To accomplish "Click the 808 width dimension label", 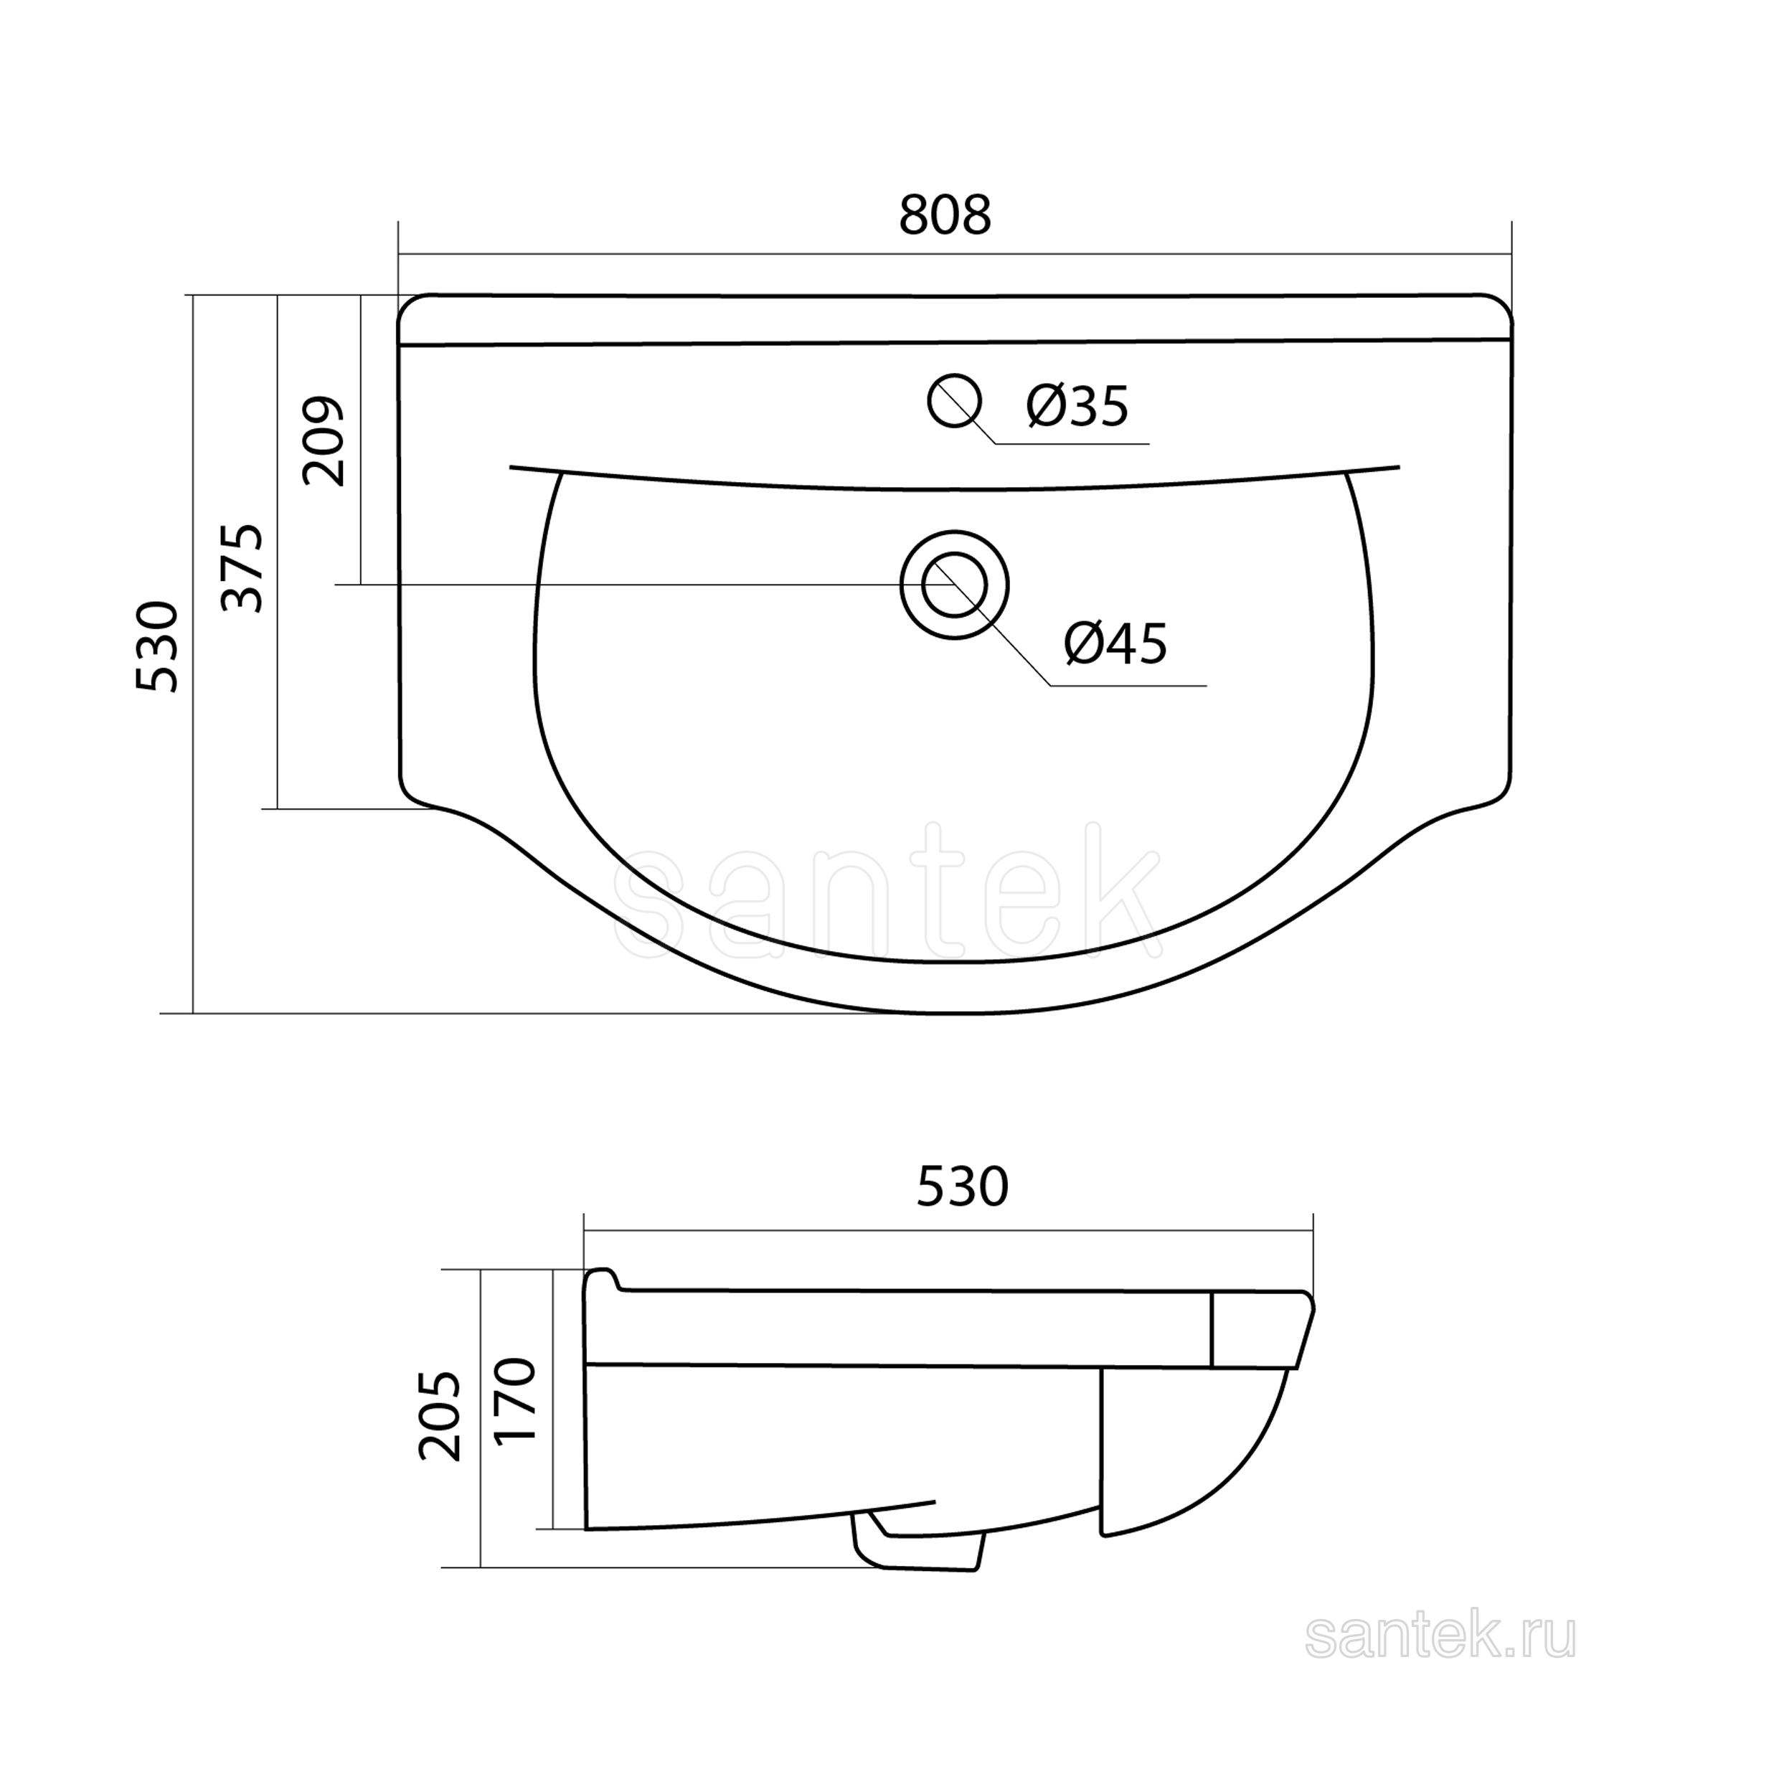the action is click(945, 214).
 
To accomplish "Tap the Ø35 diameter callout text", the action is click(1077, 405).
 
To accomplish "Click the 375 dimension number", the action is click(243, 568).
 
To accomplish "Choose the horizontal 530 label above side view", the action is click(962, 1187).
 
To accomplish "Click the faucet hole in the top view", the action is click(954, 400).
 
